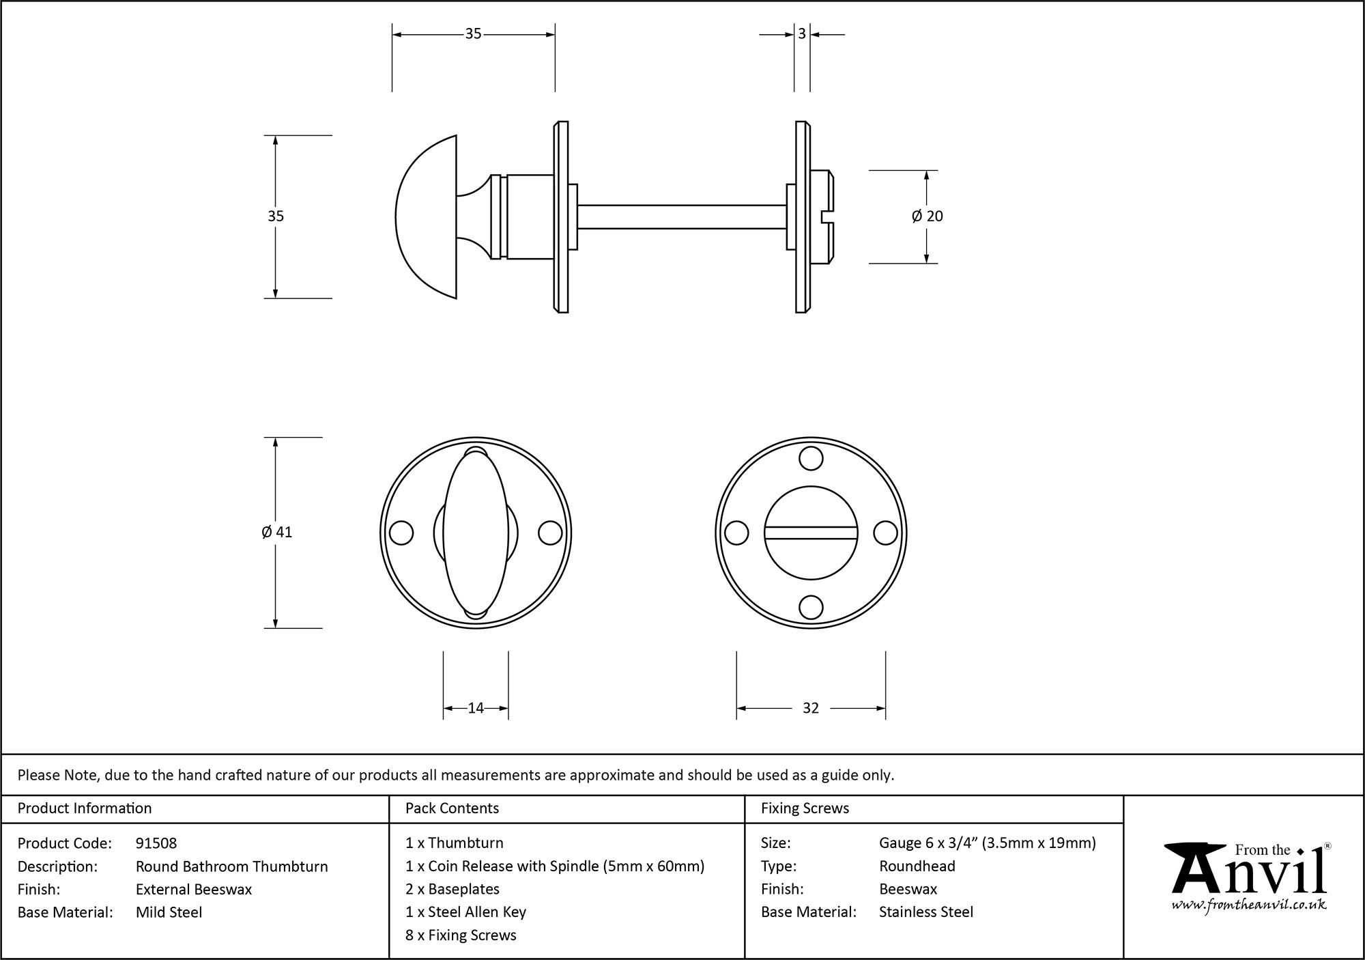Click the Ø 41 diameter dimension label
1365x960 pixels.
tap(276, 532)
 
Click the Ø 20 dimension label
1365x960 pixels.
tap(926, 216)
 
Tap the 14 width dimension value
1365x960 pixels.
tap(476, 708)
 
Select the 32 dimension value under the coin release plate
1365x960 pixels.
tap(810, 708)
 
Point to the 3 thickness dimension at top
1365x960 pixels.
tap(802, 33)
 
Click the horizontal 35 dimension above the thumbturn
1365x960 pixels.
tap(473, 33)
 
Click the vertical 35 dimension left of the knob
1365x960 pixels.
tap(275, 216)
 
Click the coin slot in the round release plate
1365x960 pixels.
tap(810, 532)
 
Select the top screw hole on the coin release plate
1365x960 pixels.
tap(811, 459)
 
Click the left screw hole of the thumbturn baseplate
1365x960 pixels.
tap(401, 533)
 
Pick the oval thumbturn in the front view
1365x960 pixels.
tap(476, 533)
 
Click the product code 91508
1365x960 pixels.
tap(156, 843)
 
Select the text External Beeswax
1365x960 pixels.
tap(194, 889)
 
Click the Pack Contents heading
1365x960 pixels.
tap(452, 808)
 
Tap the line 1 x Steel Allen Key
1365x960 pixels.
tap(465, 912)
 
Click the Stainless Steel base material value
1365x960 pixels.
tap(925, 912)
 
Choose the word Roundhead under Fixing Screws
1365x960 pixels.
tap(917, 866)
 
